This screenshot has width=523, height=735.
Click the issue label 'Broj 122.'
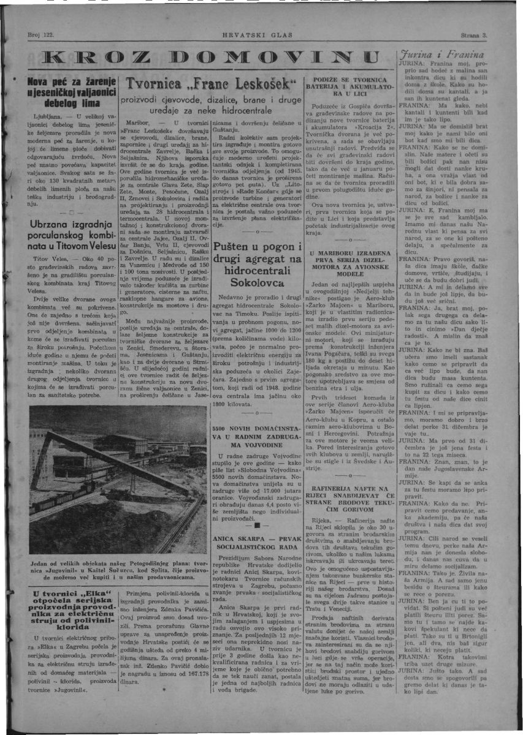point(42,35)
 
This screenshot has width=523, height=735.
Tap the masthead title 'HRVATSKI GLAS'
point(258,35)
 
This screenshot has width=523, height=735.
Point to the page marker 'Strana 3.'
point(473,35)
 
